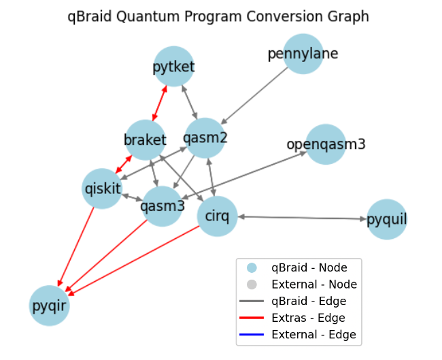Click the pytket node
[x=174, y=66]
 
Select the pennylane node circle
[x=303, y=54]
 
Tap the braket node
[x=145, y=140]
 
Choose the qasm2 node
[x=206, y=137]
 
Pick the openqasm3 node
[x=326, y=144]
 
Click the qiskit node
[x=102, y=187]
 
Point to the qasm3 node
[x=163, y=205]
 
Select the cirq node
[x=217, y=217]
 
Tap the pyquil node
[x=387, y=220]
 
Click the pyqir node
[x=49, y=306]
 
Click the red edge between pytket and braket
[x=160, y=103]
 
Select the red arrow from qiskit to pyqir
[x=77, y=245]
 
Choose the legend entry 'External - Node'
[x=313, y=284]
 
